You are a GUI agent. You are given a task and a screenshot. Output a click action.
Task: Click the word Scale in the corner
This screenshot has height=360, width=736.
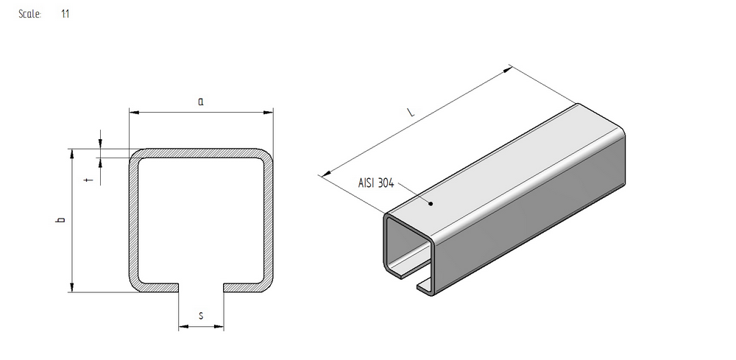[x=29, y=14]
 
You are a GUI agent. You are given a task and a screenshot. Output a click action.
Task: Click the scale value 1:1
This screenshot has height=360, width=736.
[x=66, y=14]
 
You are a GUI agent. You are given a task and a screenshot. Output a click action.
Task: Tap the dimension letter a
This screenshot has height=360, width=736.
[x=201, y=101]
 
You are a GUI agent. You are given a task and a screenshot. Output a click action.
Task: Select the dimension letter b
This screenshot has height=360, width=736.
[x=60, y=219]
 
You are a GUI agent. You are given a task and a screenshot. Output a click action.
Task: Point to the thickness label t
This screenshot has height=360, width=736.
[x=91, y=179]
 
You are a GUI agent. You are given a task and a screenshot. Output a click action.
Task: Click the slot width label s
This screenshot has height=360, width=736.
[x=201, y=315]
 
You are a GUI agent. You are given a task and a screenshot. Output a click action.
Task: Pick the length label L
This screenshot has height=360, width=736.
[x=411, y=112]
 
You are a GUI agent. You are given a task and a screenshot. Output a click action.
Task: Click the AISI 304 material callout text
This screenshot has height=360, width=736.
[x=376, y=183]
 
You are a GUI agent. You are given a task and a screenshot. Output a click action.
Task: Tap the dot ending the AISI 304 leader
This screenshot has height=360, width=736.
[x=431, y=204]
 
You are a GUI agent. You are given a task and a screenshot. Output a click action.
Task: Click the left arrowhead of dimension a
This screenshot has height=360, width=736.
[x=134, y=112]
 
